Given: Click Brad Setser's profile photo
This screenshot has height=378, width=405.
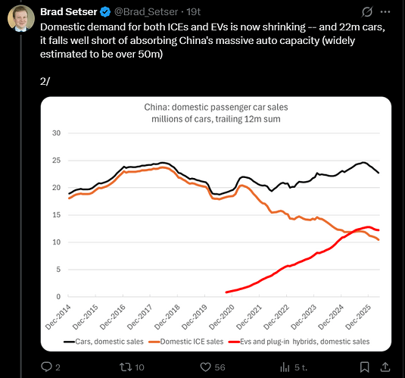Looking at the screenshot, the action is [21, 18].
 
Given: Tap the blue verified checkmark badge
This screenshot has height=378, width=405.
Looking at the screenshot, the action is [105, 12].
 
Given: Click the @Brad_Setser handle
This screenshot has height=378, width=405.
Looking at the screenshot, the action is [146, 12].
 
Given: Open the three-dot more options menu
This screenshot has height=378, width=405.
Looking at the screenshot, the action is [385, 11].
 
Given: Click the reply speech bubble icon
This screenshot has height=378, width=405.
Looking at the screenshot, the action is [46, 367].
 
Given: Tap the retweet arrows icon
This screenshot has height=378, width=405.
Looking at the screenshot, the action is [126, 367].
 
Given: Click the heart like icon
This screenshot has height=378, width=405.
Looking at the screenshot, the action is [206, 367].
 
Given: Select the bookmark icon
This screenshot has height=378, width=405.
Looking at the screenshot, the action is [364, 367].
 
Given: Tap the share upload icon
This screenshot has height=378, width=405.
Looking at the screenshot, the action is [385, 367].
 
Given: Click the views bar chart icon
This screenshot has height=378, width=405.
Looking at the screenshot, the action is [285, 367].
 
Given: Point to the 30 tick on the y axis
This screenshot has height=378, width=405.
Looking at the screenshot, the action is [56, 133].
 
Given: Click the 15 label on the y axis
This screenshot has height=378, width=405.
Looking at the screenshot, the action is [56, 215].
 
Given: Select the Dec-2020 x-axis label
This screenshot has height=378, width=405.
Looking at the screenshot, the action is [222, 317].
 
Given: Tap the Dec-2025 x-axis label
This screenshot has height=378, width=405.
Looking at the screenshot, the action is [358, 317].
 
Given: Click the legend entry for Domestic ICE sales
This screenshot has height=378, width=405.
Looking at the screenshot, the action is [186, 342].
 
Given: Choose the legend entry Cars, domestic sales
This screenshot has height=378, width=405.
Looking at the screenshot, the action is [103, 342].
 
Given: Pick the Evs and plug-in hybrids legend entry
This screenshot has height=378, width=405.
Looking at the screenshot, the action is [299, 342].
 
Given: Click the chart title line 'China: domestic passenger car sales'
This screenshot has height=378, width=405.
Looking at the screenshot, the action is [216, 107].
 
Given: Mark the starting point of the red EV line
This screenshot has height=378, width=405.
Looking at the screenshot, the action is [226, 292].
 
